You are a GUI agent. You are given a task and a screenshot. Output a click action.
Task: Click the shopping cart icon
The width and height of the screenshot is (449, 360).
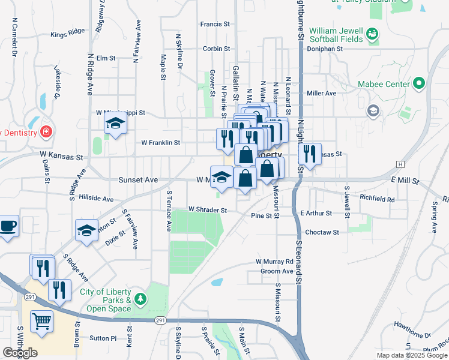(41, 322)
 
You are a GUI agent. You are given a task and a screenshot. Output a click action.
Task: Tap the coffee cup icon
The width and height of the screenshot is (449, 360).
(8, 226)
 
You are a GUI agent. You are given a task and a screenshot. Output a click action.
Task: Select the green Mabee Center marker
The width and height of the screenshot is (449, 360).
(418, 84)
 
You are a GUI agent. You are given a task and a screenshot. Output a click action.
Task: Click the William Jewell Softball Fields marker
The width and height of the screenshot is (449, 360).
(373, 35)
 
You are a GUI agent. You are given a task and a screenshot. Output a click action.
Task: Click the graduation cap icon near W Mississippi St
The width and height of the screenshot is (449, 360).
(115, 124)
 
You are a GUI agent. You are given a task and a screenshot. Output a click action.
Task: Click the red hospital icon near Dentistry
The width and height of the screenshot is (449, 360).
(46, 131)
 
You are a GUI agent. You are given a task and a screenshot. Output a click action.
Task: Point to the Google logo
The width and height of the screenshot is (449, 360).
(20, 353)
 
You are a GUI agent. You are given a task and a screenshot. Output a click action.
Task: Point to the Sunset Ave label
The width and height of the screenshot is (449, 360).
(138, 179)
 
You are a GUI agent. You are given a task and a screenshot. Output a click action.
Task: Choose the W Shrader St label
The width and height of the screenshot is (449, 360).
(208, 210)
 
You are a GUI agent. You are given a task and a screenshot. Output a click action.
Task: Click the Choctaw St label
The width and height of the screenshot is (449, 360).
(322, 232)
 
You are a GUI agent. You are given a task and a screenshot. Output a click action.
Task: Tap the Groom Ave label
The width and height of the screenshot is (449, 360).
(277, 271)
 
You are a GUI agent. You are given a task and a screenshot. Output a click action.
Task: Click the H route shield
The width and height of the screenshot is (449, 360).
(400, 164)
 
